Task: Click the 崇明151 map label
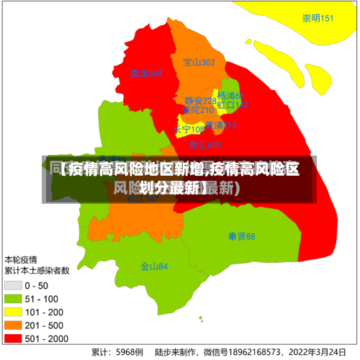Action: (318, 19)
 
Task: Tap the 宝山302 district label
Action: (199, 63)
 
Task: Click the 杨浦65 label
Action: (231, 96)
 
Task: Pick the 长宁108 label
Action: (189, 130)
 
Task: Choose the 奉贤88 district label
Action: (241, 236)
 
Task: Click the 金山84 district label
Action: (154, 266)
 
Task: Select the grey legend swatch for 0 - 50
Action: (12, 286)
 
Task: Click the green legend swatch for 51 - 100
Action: (12, 299)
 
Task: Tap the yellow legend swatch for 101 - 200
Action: (12, 312)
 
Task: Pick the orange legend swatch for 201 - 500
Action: (12, 325)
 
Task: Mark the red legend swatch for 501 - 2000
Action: (12, 338)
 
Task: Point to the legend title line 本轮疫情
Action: (22, 259)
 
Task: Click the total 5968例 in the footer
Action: (127, 353)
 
